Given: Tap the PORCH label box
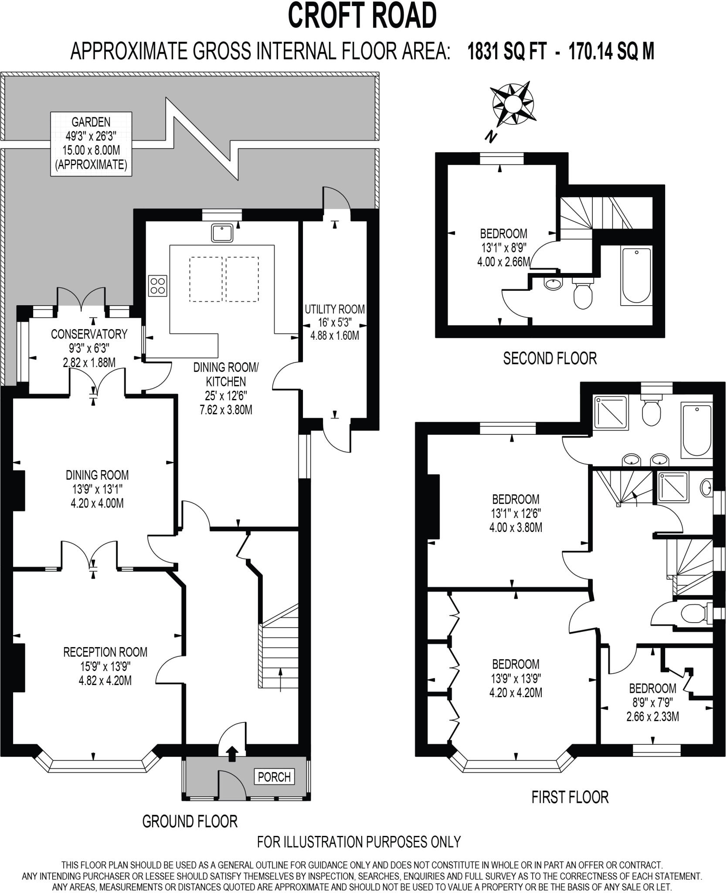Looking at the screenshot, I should pos(274,777).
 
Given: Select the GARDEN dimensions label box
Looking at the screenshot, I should pos(91,143).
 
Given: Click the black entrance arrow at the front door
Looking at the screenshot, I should pos(232,753).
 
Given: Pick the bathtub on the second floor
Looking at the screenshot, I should pos(636,276).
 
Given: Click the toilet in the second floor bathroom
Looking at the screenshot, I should pos(582,294).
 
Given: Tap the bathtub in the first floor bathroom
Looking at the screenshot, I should pos(696,430).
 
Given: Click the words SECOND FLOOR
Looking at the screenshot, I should pos(550,358).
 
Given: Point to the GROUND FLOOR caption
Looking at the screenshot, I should pos(190,821).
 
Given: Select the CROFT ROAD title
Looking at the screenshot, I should pos(362,16).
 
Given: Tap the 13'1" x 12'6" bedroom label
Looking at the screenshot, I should pos(516,513).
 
